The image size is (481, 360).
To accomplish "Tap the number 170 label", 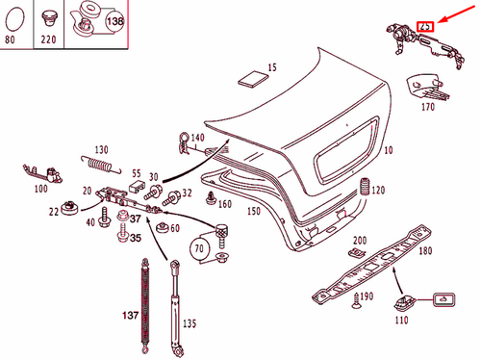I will (428, 108).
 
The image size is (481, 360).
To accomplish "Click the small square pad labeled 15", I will (252, 77).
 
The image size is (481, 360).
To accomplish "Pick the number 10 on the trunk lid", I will (390, 152).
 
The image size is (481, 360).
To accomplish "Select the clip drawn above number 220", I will (49, 15).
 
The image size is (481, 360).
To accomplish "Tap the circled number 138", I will (114, 19).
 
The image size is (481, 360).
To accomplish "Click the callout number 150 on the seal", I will (254, 210).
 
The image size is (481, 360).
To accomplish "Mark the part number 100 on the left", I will (39, 189).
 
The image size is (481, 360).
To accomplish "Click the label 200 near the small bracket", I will (360, 240).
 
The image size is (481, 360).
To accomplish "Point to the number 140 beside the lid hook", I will (198, 139).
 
